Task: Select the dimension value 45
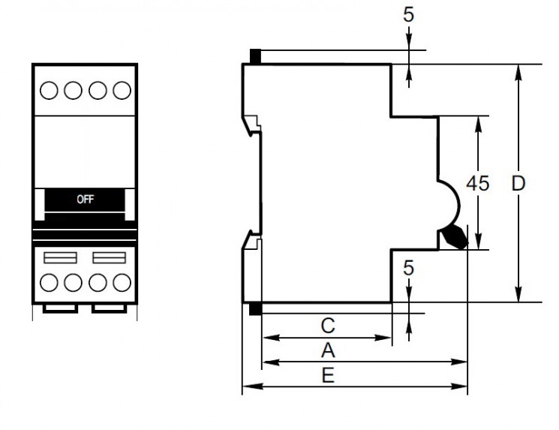pos(477,183)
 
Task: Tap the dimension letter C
pos(326,326)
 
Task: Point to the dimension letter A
pos(327,350)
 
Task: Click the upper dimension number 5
pos(409,16)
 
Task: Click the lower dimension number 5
pos(409,269)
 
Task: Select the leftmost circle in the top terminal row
pos(48,90)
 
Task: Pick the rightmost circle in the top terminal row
pos(121,90)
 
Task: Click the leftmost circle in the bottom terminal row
pos(48,283)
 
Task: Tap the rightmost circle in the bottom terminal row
pos(121,283)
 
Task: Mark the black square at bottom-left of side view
pos(255,308)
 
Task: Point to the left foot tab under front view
pos(60,309)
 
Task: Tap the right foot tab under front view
pos(108,309)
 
